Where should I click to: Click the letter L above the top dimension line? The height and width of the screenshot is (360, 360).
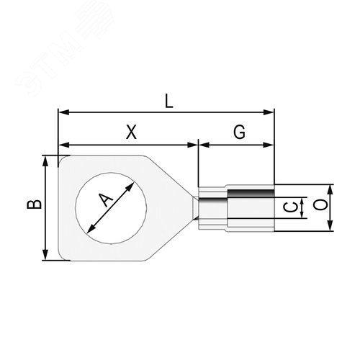[168, 101]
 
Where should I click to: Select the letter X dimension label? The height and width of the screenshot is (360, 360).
[130, 132]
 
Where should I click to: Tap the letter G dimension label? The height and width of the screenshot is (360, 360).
[239, 132]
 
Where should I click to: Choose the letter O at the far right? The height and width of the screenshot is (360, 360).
[323, 207]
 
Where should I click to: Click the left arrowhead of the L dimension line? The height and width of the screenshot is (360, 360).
[62, 112]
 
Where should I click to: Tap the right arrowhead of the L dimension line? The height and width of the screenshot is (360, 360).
[271, 112]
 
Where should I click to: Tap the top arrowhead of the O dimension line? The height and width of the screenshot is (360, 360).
[330, 188]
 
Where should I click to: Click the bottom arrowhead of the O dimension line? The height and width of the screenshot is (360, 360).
[330, 228]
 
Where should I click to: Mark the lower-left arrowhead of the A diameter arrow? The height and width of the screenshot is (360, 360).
[90, 230]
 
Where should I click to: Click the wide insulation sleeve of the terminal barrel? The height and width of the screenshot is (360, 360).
[251, 207]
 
